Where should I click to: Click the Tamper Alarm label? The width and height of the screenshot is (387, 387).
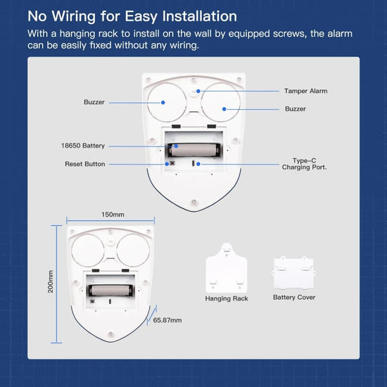coord(305,91)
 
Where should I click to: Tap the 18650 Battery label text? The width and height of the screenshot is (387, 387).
coord(83,146)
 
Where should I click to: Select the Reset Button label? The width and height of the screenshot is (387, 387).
coord(85,164)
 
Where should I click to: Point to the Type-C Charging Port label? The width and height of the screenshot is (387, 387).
coord(304,164)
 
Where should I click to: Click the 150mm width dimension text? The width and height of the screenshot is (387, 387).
coord(113,215)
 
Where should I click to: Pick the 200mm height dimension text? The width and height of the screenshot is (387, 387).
coord(51,281)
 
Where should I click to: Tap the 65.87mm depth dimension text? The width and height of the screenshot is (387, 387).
coord(167,320)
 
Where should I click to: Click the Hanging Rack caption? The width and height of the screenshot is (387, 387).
coord(227,298)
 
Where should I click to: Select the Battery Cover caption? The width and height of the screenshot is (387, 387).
coord(294,298)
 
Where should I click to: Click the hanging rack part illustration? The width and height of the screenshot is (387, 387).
coord(227,268)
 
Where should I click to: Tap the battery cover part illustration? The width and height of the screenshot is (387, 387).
coord(293,273)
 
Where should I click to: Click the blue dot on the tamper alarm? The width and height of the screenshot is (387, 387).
coord(198,91)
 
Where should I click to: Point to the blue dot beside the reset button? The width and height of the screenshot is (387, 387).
coord(167,164)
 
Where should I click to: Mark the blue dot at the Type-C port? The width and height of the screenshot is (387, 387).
coord(198,164)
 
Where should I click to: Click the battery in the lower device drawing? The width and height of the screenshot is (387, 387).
coord(110,291)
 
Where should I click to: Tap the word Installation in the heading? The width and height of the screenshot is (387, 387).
coord(199,16)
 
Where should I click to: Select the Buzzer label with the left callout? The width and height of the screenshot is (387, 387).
coord(94,102)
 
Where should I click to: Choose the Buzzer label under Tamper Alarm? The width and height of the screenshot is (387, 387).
coord(296,109)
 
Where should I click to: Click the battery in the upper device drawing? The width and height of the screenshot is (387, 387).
coord(194,150)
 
